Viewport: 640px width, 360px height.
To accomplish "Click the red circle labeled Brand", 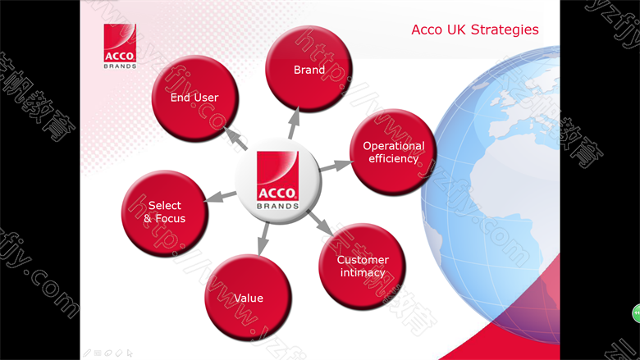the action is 309,69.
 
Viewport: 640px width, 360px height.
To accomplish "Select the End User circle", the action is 195,98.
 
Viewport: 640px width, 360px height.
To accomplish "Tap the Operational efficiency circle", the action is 394,152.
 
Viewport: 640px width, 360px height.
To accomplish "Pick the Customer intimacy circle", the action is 363,267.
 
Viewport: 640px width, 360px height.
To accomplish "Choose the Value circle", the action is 248,298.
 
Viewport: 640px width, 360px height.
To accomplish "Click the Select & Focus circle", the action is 165,213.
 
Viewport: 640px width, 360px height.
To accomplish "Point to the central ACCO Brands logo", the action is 278,180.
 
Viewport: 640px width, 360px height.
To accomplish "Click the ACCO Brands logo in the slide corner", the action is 120,46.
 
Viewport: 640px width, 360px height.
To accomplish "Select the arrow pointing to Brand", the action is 294,123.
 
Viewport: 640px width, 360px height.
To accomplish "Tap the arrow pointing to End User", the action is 235,139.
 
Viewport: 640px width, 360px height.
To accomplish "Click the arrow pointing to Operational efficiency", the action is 336,166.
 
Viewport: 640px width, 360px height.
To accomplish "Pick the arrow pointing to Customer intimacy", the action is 320,223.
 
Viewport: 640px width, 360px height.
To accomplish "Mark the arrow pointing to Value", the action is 263,239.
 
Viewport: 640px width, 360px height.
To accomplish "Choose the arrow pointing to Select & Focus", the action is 220,196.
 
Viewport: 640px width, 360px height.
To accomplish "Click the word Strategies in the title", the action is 505,30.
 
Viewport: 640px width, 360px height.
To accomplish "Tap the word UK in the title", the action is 456,30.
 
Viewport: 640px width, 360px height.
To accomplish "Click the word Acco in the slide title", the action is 427,30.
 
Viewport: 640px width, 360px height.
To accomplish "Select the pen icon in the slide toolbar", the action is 87,353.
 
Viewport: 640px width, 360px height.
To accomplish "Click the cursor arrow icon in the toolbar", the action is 130,353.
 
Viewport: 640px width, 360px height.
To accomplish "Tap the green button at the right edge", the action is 636,313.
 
